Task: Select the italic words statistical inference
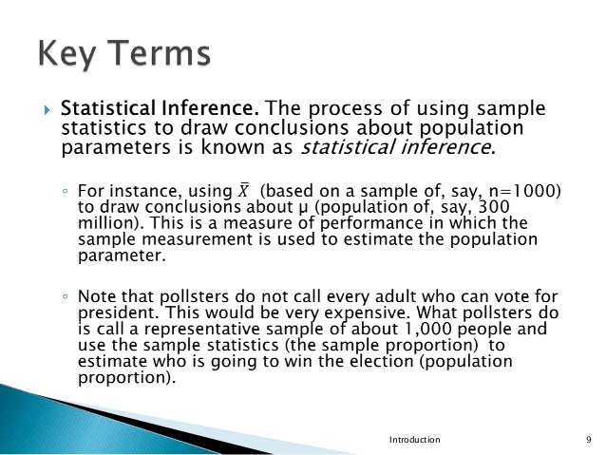[x=397, y=147]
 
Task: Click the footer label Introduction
[x=415, y=440]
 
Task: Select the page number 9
[x=589, y=440]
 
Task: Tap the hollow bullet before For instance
[x=65, y=190]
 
